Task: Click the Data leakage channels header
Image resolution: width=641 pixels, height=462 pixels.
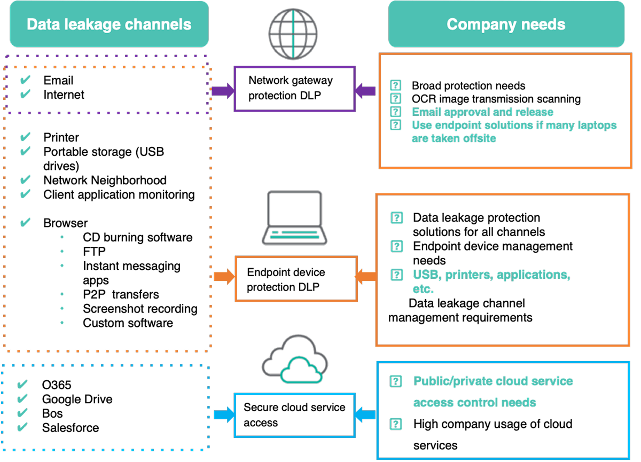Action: tap(109, 24)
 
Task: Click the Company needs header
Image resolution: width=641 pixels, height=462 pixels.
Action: tap(506, 24)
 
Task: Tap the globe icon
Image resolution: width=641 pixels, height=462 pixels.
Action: tap(293, 34)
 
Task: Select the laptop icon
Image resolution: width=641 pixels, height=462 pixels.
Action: tap(294, 217)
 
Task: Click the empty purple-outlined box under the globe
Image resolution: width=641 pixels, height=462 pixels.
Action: tap(295, 89)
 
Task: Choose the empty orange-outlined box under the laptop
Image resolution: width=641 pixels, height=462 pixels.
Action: tap(296, 278)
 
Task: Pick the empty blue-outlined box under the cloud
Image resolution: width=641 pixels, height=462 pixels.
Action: tap(295, 415)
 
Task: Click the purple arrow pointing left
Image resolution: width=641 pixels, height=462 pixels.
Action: tap(366, 90)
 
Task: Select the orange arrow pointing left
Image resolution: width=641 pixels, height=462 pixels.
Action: tap(366, 276)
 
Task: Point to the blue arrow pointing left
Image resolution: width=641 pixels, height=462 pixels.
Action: tap(366, 414)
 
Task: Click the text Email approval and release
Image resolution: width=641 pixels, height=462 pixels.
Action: tap(482, 112)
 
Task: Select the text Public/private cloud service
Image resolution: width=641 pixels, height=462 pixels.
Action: tap(493, 381)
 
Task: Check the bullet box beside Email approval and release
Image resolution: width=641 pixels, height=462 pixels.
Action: tap(396, 112)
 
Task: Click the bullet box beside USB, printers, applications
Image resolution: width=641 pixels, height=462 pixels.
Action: tap(396, 275)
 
